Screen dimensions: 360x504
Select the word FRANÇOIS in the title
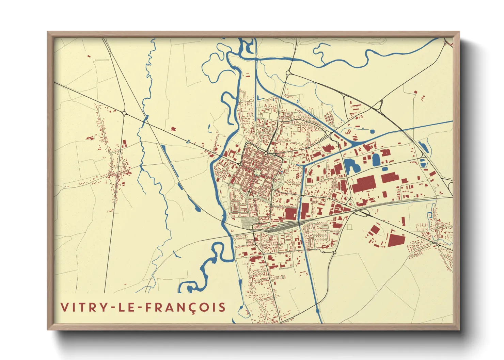click(185, 307)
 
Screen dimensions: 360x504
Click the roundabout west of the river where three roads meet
click(124, 113)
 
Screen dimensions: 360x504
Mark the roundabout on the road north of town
click(288, 73)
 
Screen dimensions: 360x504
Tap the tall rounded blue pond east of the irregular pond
click(376, 160)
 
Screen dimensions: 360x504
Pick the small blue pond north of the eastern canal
click(372, 131)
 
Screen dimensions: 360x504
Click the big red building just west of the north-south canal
click(290, 214)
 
